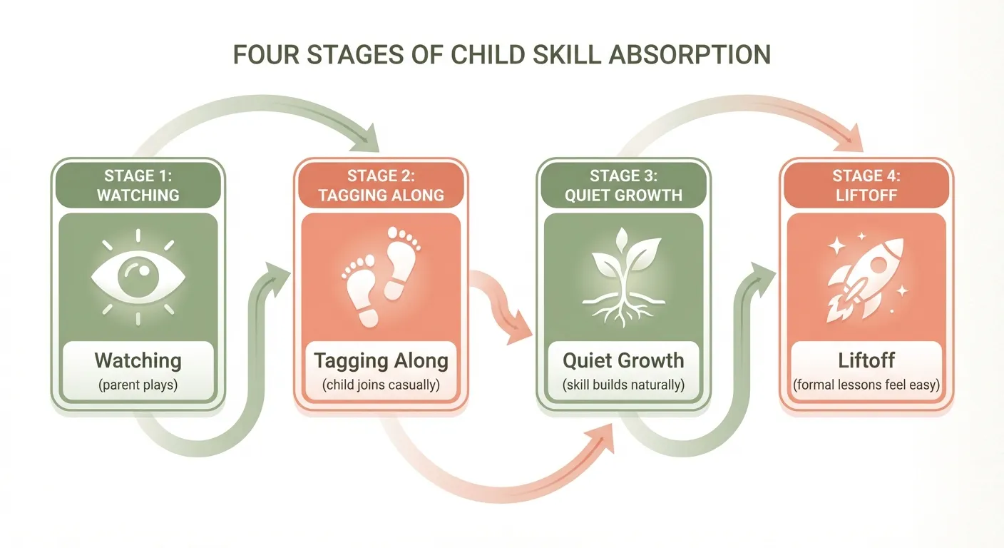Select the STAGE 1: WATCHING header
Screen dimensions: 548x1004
click(138, 185)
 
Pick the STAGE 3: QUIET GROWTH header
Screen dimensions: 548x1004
click(623, 185)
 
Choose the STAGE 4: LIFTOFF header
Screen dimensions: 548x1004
click(866, 185)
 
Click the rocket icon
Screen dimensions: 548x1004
click(865, 277)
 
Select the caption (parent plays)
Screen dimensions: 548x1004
click(138, 385)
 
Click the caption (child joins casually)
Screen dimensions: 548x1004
click(381, 385)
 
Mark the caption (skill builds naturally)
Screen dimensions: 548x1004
click(623, 385)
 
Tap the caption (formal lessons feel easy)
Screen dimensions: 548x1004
click(866, 385)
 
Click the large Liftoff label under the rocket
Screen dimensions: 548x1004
click(866, 360)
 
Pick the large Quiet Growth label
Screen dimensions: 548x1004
click(623, 360)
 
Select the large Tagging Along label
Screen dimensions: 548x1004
click(381, 360)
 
